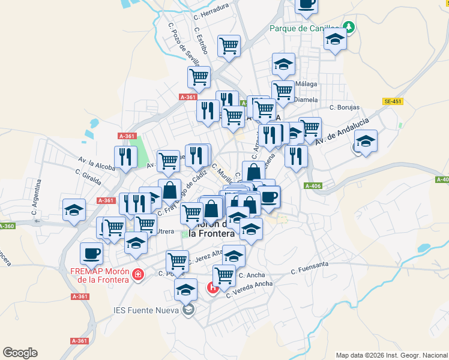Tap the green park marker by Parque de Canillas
(348, 27)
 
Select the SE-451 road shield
(393, 101)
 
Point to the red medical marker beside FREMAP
(139, 274)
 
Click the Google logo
(20, 353)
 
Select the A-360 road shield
(7, 226)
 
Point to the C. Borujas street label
(345, 107)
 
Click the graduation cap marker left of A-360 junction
(74, 209)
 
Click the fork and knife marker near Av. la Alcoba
(125, 157)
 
